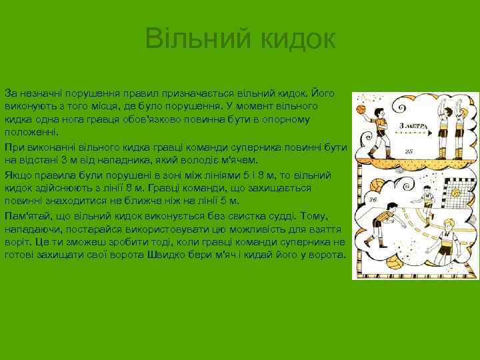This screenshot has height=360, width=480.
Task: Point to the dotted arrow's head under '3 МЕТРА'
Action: pos(431,134)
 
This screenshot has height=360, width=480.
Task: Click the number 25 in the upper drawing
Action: pos(409,152)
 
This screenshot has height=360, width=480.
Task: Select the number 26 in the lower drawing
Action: pos(372,199)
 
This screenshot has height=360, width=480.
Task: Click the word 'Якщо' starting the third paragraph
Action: pos(17,175)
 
